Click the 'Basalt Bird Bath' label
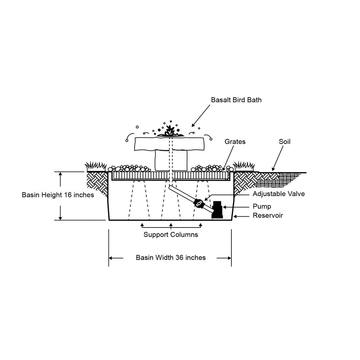coord(236,100)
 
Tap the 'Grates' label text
coord(235,142)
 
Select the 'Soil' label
coord(284,142)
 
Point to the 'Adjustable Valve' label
coord(279,194)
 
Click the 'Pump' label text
coord(262,207)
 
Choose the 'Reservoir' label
coord(267,216)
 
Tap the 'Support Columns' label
coord(171,235)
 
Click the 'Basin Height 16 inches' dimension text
coord(58,195)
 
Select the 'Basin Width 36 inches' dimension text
coord(171,258)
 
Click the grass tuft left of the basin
coord(95,166)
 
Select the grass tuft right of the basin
coord(244,166)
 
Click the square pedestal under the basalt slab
coord(171,161)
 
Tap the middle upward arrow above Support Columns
coord(171,226)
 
